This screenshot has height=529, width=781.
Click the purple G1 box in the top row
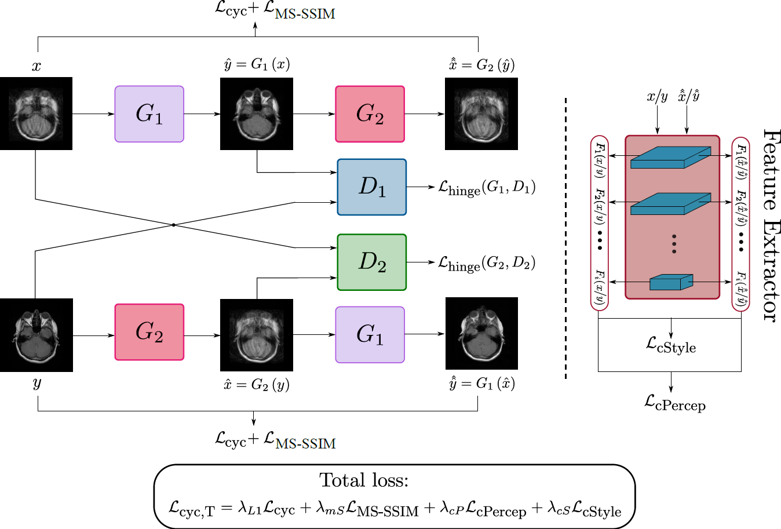(x=149, y=114)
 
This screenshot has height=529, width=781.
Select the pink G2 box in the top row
(x=370, y=114)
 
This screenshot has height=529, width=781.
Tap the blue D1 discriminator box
(x=372, y=187)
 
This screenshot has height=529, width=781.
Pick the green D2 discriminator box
(x=372, y=262)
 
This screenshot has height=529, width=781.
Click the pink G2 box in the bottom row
(x=149, y=332)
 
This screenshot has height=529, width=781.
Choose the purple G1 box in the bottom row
(x=370, y=335)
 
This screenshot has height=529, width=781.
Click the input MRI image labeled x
(x=37, y=114)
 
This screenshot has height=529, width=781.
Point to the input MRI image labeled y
(x=37, y=335)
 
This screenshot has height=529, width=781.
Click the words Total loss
(x=364, y=480)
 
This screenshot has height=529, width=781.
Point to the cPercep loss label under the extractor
(x=674, y=403)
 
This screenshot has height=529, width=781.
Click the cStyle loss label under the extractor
(x=671, y=345)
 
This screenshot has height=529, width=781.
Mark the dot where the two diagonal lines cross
(x=174, y=225)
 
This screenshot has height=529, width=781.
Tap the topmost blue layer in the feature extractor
(x=670, y=157)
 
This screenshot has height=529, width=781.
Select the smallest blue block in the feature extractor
(x=671, y=282)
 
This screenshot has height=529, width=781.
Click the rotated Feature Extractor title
(x=771, y=225)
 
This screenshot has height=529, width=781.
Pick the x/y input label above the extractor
(x=657, y=96)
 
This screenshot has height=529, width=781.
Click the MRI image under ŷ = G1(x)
(x=257, y=114)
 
